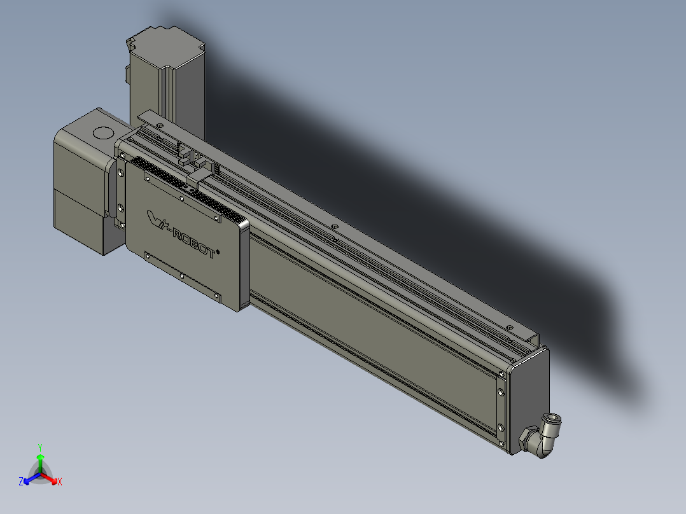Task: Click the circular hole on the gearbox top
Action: point(102,133)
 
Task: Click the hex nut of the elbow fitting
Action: point(528,438)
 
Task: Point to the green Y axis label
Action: point(40,447)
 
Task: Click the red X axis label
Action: point(60,482)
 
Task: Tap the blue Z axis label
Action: point(20,482)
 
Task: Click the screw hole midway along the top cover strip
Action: point(333,226)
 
